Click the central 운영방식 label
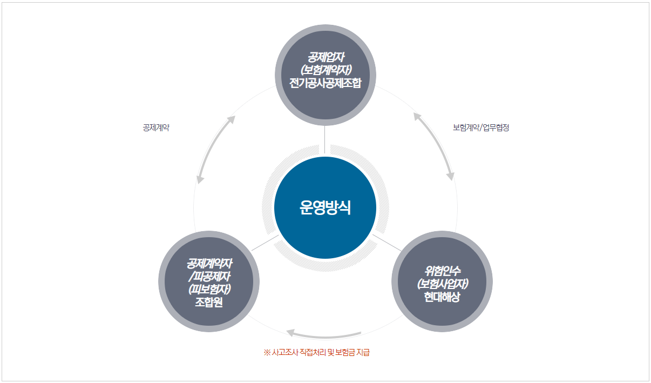point(325,208)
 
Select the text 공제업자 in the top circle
point(325,57)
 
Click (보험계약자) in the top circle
point(325,70)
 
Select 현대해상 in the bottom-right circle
point(442,297)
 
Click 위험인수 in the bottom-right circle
point(442,271)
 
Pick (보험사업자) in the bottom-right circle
point(442,284)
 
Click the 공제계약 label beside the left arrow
point(157,128)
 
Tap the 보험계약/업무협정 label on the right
point(481,128)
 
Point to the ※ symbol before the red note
point(267,353)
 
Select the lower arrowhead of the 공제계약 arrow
point(200,179)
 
